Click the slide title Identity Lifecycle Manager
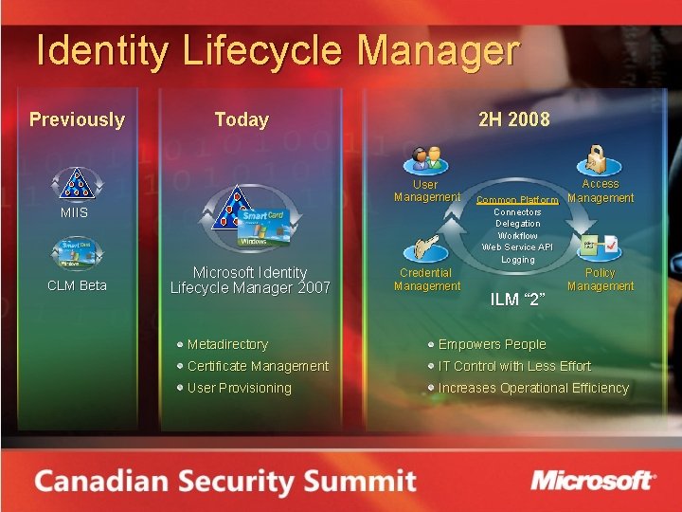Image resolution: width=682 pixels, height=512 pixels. tap(278, 51)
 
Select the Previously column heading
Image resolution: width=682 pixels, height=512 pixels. tap(77, 119)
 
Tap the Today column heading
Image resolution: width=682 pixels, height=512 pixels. tap(242, 119)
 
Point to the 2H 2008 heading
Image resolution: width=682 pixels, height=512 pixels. tap(513, 119)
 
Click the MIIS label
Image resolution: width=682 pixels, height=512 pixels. tap(74, 212)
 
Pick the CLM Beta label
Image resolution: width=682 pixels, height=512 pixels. tap(78, 285)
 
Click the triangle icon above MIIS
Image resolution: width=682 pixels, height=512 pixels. tap(75, 183)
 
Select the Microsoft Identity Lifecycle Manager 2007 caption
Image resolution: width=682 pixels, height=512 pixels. tap(250, 280)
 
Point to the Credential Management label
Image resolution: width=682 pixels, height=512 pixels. tap(426, 279)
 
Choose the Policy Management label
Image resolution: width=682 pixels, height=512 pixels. tap(601, 279)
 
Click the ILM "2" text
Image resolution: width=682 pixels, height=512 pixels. tap(516, 301)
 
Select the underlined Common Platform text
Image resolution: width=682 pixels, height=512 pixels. tap(517, 200)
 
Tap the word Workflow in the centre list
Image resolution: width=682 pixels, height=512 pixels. tap(517, 235)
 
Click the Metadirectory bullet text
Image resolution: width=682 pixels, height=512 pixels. tap(227, 344)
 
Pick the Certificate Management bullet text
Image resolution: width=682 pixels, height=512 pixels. tap(258, 366)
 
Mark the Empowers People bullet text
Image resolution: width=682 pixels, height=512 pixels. tap(492, 344)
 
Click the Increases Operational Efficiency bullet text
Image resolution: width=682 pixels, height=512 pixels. tap(532, 388)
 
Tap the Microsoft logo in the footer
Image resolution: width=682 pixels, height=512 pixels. tap(592, 480)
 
